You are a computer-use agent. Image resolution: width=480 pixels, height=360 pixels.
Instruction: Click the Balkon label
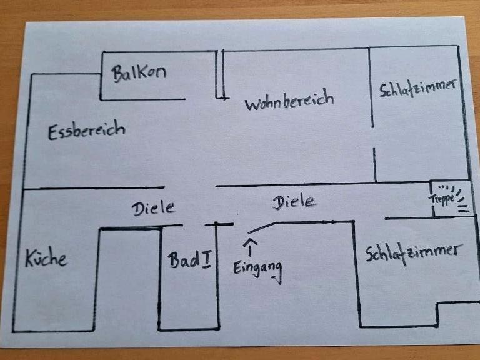click(x=139, y=73)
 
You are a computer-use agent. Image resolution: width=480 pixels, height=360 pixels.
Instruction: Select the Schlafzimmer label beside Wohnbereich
click(x=417, y=88)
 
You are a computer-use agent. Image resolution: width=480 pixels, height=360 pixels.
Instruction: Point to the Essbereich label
click(x=86, y=131)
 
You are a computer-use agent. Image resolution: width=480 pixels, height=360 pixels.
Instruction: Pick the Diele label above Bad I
click(x=154, y=208)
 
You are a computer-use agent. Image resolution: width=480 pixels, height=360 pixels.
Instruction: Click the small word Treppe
click(x=442, y=199)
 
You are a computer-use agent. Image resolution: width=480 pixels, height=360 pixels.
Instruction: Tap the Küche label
click(x=46, y=258)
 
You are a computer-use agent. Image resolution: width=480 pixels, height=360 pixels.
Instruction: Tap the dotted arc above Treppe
click(x=447, y=187)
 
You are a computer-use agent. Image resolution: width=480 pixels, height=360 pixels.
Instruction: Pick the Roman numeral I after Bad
click(x=206, y=260)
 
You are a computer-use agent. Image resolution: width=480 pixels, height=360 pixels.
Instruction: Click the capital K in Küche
click(x=30, y=257)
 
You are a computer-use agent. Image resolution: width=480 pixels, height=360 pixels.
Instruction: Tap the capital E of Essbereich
click(x=53, y=133)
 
